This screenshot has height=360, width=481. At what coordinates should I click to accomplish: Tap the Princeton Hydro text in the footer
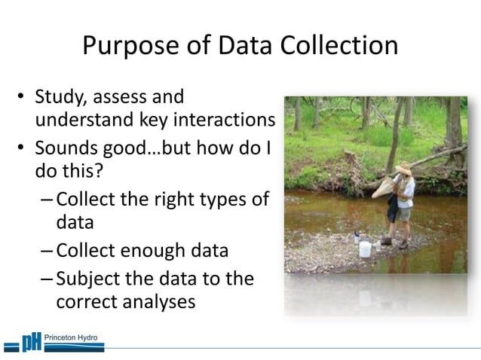click(72, 337)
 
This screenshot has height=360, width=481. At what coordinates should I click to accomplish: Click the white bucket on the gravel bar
click(365, 249)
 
